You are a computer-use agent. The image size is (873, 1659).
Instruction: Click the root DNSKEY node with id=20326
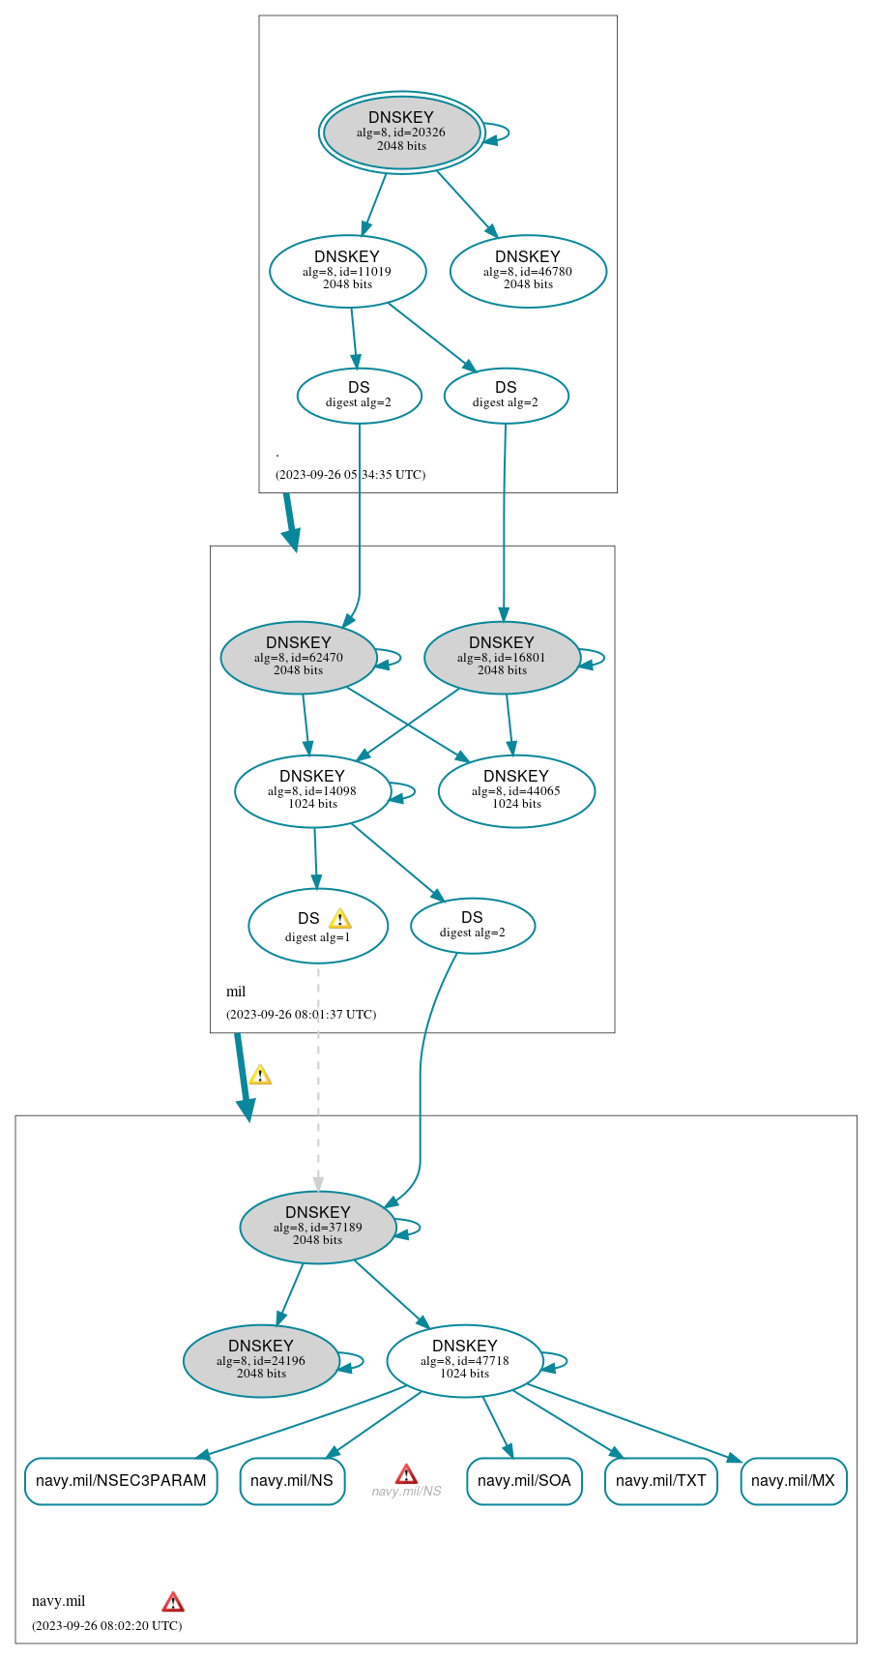[401, 133]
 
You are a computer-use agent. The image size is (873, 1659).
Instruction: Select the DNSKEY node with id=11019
[347, 271]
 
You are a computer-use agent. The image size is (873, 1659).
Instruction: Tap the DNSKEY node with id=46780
[528, 271]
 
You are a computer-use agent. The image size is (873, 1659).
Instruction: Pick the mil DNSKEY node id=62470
[298, 657]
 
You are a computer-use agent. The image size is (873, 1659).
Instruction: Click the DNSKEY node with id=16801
[502, 657]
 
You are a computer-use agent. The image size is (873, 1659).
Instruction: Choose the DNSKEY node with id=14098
[312, 790]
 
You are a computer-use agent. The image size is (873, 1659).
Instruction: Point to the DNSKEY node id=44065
[516, 790]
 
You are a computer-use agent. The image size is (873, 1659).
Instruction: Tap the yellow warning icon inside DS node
[339, 919]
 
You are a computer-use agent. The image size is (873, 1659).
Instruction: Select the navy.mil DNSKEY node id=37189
[318, 1227]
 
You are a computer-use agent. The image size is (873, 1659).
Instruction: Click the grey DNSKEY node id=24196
[261, 1360]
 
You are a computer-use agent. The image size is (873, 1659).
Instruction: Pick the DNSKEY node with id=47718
[464, 1360]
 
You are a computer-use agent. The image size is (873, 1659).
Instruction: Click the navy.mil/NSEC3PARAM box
[121, 1481]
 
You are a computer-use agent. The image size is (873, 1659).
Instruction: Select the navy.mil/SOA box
[524, 1481]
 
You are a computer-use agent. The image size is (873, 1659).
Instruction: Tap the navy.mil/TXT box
[660, 1481]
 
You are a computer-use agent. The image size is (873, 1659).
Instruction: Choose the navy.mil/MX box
[793, 1481]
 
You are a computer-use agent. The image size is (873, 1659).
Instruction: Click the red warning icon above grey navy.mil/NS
[406, 1473]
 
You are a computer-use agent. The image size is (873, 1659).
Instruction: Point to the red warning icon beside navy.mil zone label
[173, 1601]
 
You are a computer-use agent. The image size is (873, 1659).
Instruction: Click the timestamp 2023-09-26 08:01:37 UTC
[301, 1014]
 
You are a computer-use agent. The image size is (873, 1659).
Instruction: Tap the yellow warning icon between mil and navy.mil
[260, 1075]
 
